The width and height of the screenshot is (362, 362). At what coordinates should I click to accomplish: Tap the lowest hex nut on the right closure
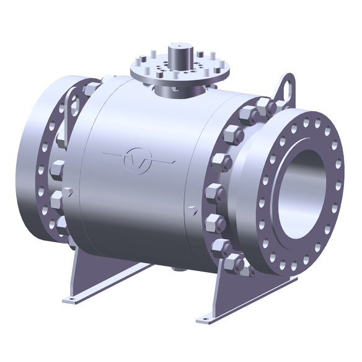tap(237, 265)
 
